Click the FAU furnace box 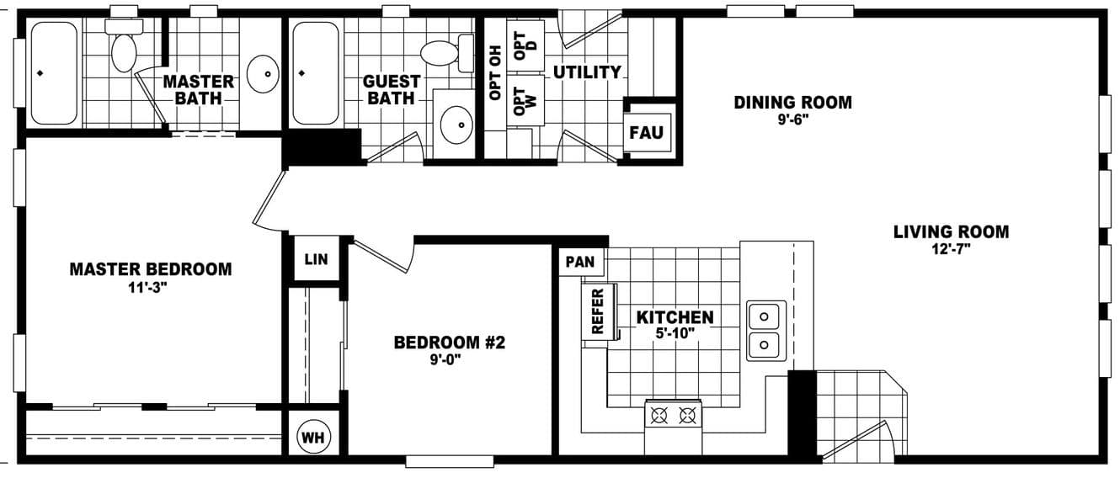coord(647,132)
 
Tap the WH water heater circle coord(314,438)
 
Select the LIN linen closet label coord(316,260)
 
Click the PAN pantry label coord(580,262)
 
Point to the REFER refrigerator coord(599,311)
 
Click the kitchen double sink coord(765,331)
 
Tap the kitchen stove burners coord(673,415)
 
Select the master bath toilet coord(124,46)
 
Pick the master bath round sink coord(263,73)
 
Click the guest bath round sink coord(457,125)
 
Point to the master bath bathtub coord(54,73)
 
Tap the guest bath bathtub coord(315,73)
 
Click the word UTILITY coord(587,72)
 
